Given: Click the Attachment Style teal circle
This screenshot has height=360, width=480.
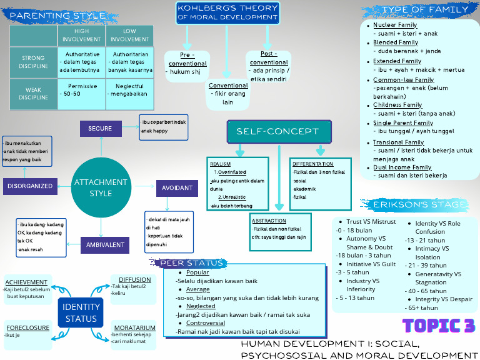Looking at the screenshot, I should [101, 187].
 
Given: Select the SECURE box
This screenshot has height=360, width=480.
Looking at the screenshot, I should [100, 129].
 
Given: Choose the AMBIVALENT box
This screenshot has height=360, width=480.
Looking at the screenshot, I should [105, 245].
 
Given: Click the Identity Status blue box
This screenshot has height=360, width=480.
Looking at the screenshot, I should [81, 312].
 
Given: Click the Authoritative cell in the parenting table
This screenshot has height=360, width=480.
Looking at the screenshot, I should [82, 62].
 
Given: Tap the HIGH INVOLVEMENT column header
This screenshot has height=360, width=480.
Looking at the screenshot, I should [82, 35].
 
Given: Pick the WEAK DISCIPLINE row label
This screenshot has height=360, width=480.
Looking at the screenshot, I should [34, 94].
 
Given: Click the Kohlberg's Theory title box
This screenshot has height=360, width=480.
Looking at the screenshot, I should [227, 12].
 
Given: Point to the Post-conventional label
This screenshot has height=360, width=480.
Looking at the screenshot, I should [269, 58].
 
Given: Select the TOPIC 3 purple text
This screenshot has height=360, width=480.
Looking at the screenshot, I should [439, 326].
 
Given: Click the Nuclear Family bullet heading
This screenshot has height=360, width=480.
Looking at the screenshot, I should [395, 25].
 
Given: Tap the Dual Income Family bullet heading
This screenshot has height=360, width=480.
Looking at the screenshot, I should [402, 167].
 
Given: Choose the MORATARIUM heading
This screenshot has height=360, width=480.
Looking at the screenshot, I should [135, 327].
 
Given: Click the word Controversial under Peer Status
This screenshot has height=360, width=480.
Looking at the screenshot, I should [206, 323].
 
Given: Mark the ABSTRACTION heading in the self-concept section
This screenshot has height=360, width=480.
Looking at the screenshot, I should [269, 221].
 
